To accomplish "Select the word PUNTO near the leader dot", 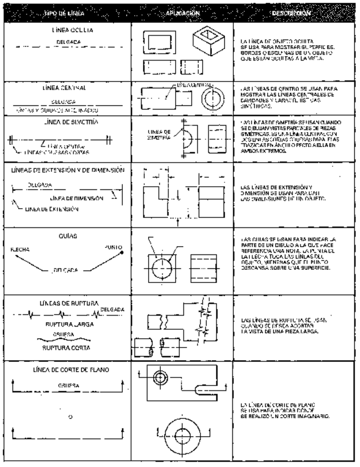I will pos(113,247).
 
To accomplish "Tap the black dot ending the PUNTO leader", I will pos(122,252).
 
